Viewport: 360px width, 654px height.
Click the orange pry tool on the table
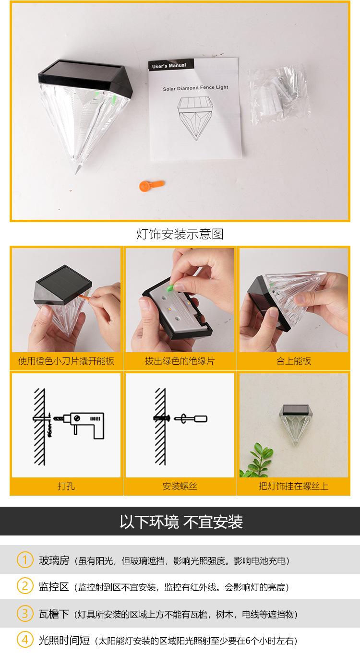point(152,186)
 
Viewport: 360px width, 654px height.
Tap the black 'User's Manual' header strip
point(170,65)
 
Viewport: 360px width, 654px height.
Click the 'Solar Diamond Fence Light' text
point(195,88)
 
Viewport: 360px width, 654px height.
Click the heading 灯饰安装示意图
point(180,234)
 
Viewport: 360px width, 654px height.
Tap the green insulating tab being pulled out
point(169,288)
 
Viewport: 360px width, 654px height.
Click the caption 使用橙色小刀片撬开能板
point(66,361)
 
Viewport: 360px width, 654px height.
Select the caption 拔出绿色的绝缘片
point(180,361)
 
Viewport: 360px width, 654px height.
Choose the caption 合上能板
point(294,361)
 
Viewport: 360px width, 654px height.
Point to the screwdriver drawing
point(191,419)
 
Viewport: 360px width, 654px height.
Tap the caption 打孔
point(66,486)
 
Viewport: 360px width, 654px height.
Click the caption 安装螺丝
point(180,486)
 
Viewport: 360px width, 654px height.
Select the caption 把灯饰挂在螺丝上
point(294,486)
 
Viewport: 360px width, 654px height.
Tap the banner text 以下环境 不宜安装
point(181,522)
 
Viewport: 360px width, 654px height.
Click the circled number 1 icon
point(25,559)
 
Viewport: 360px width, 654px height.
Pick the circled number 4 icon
point(25,640)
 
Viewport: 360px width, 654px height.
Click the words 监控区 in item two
point(54,586)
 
